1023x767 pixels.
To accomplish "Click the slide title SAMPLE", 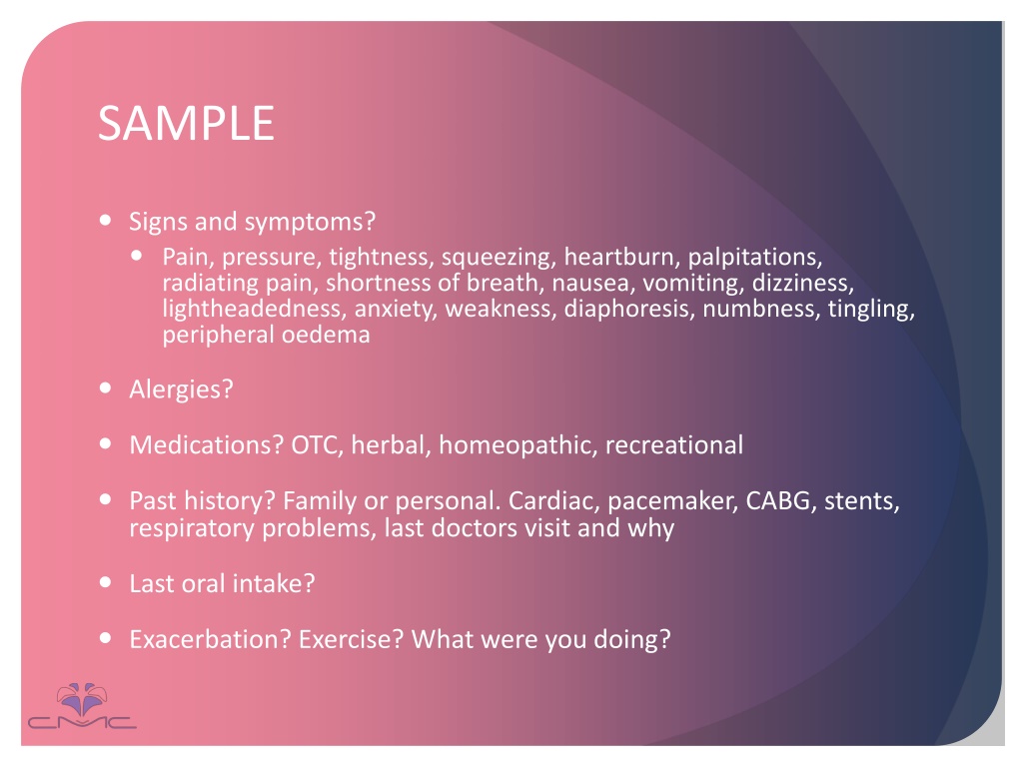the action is click(x=186, y=123).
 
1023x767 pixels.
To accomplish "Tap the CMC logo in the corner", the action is click(x=82, y=707).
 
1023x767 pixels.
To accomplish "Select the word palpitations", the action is click(x=755, y=258).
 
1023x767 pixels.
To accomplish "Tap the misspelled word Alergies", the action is click(x=181, y=390).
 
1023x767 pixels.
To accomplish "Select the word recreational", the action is click(x=674, y=444).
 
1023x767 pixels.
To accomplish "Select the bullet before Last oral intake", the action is click(x=106, y=582).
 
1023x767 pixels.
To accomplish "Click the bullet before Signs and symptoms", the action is click(x=106, y=220).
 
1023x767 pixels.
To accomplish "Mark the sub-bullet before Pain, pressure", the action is click(x=136, y=256).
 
